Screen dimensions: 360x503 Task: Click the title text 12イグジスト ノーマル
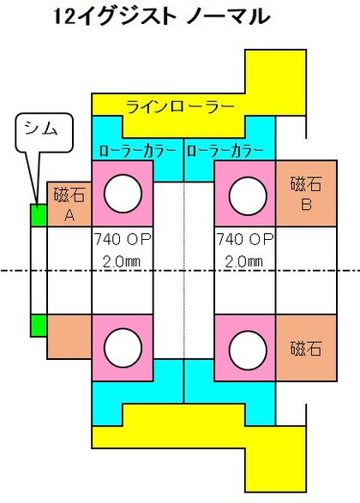(161, 16)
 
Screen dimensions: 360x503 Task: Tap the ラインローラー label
(180, 106)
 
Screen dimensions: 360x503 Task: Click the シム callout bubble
(45, 132)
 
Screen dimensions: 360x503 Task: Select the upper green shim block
(39, 215)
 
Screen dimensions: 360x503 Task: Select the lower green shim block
(39, 326)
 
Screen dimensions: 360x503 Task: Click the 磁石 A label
(69, 205)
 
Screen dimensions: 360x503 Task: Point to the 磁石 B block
(306, 193)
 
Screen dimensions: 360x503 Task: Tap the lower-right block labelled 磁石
(306, 348)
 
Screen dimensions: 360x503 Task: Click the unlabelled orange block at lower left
(69, 337)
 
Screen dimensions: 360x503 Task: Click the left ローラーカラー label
(138, 151)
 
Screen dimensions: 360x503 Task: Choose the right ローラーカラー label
(225, 151)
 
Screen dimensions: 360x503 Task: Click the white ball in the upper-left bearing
(123, 194)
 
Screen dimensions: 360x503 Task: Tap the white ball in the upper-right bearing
(248, 195)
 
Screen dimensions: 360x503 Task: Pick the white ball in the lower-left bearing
(123, 349)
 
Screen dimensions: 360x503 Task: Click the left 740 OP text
(123, 239)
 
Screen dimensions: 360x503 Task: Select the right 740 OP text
(245, 239)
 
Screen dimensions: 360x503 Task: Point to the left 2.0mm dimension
(121, 261)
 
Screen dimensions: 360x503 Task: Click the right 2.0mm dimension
(243, 261)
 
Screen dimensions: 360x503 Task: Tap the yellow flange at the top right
(275, 81)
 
